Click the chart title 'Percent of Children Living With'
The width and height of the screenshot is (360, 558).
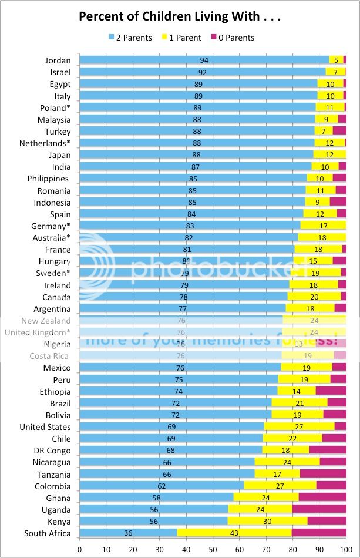(x=180, y=17)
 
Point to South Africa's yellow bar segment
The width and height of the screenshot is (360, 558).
(x=234, y=533)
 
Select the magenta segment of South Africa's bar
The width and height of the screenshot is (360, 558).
(x=319, y=533)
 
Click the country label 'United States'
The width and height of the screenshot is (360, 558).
(x=45, y=427)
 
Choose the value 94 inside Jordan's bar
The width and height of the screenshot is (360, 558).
(x=204, y=60)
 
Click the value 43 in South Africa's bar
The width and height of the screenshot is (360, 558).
(x=233, y=533)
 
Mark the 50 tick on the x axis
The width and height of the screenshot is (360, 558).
(x=213, y=550)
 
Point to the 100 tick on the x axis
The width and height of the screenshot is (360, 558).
(x=346, y=550)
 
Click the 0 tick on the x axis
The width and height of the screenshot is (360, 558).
(x=80, y=550)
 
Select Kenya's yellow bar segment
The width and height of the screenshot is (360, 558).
(x=267, y=522)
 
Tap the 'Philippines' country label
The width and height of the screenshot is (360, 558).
(x=49, y=179)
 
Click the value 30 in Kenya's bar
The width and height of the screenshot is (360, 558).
(x=267, y=522)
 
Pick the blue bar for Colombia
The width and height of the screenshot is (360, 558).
(x=162, y=486)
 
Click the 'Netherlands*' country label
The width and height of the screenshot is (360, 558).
(x=45, y=143)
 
